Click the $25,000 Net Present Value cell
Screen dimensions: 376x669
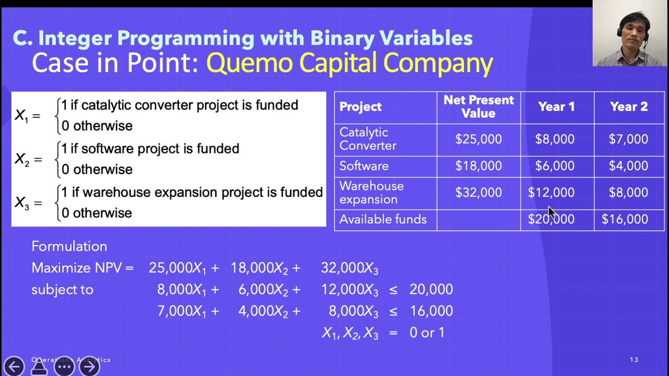click(x=478, y=139)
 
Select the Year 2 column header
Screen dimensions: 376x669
click(x=628, y=107)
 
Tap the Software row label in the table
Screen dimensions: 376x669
click(x=364, y=166)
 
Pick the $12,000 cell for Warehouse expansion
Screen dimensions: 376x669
click(x=551, y=193)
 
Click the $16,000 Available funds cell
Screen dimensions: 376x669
click(x=625, y=219)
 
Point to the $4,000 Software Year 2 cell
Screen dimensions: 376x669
click(x=628, y=166)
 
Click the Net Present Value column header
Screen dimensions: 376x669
click(x=478, y=107)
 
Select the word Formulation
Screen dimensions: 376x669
click(x=69, y=246)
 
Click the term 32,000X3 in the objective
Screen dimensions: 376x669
click(x=349, y=268)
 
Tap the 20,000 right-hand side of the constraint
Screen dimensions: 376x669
click(x=431, y=289)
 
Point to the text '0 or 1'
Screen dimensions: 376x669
click(x=426, y=333)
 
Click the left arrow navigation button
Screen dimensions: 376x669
click(x=14, y=366)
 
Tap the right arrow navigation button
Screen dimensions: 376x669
click(x=89, y=366)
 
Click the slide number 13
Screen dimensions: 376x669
click(x=633, y=360)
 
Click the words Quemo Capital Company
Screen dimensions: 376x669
click(x=349, y=63)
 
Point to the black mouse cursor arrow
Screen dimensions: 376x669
click(x=552, y=213)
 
